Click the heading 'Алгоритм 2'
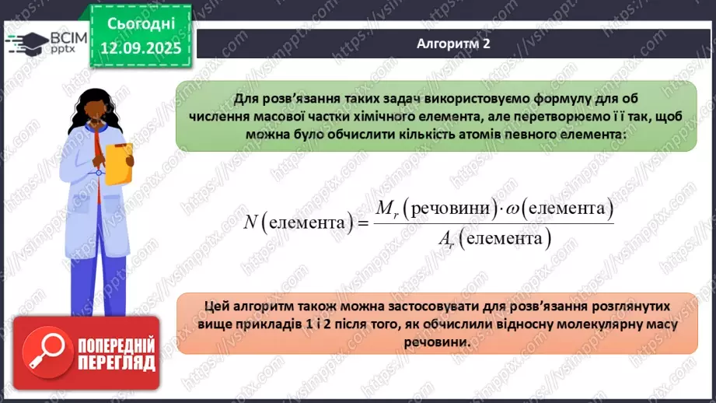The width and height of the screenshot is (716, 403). coord(452,44)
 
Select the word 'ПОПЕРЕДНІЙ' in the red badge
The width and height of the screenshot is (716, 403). coord(117,345)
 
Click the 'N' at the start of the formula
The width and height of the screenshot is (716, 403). coord(250,223)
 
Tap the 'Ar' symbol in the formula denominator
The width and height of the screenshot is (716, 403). coord(446,239)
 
